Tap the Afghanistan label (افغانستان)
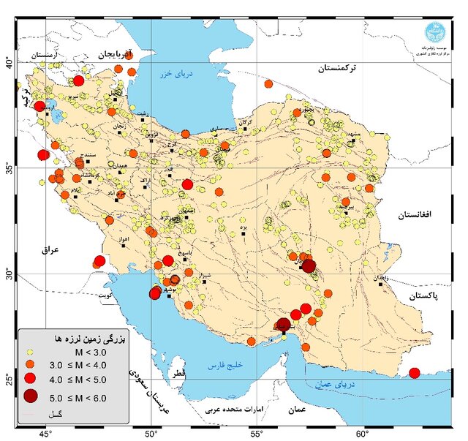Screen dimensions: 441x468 tap(417, 214)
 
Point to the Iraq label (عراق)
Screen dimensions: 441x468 tap(50, 249)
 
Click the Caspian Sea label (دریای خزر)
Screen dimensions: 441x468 tap(176, 74)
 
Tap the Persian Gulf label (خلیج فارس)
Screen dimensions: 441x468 tap(227, 364)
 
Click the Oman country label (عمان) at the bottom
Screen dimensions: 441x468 tap(297, 410)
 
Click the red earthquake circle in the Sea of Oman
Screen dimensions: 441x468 tap(415, 373)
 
